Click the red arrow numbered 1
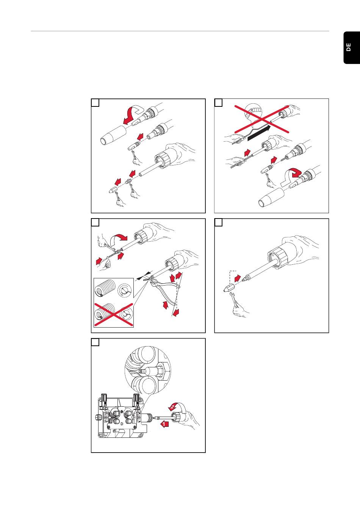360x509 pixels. click(164, 424)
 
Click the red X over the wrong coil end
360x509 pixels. click(113, 314)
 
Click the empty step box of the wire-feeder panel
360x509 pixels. click(95, 342)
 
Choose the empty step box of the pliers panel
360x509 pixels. click(95, 223)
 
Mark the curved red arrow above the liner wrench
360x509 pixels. click(118, 239)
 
